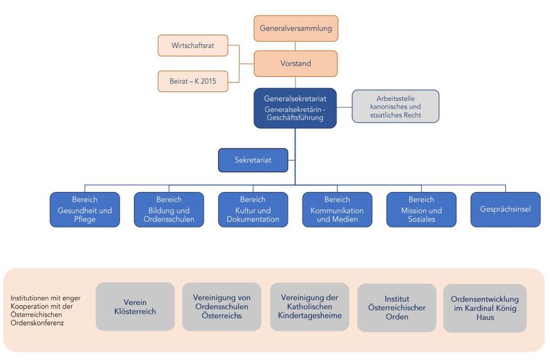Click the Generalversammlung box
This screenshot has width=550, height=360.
[296, 28]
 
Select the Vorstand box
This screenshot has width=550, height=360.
[296, 64]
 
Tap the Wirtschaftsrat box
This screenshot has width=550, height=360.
[193, 45]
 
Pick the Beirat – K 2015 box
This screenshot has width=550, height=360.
[193, 81]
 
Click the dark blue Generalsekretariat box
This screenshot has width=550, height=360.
[295, 108]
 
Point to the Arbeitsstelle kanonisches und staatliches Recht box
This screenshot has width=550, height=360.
[395, 106]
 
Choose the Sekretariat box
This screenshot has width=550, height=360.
[253, 160]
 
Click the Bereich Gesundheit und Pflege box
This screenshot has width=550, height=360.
[84, 210]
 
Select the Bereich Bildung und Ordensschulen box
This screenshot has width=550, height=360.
[169, 210]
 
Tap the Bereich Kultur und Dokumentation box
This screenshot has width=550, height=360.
[253, 210]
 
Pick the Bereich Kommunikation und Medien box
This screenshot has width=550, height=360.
[337, 210]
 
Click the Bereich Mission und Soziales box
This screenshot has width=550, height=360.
[421, 210]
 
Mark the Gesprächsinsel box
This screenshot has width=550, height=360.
[505, 210]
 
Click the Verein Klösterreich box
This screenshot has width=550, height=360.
[135, 307]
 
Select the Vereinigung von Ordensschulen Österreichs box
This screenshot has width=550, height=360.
[222, 307]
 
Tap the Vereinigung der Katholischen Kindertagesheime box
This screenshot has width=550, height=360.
[310, 307]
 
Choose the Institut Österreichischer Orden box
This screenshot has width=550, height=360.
[397, 308]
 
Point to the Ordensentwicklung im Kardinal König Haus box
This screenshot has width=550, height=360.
[485, 308]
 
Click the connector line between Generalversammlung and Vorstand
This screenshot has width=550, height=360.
[296, 46]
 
